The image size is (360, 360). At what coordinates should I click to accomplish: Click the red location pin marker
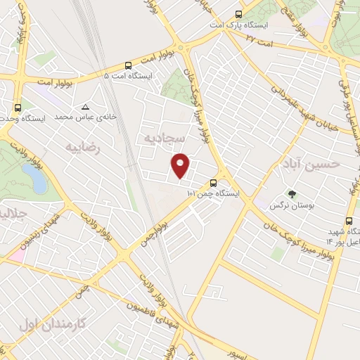(181, 165)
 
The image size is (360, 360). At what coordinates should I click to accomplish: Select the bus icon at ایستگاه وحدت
(18, 108)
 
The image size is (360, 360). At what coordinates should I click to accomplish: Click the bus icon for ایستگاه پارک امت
(239, 13)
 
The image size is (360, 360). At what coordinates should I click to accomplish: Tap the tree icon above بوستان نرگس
(292, 194)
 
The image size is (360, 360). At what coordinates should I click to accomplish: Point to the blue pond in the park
(37, 180)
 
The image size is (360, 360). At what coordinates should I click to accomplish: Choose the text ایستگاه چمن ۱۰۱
(214, 193)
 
